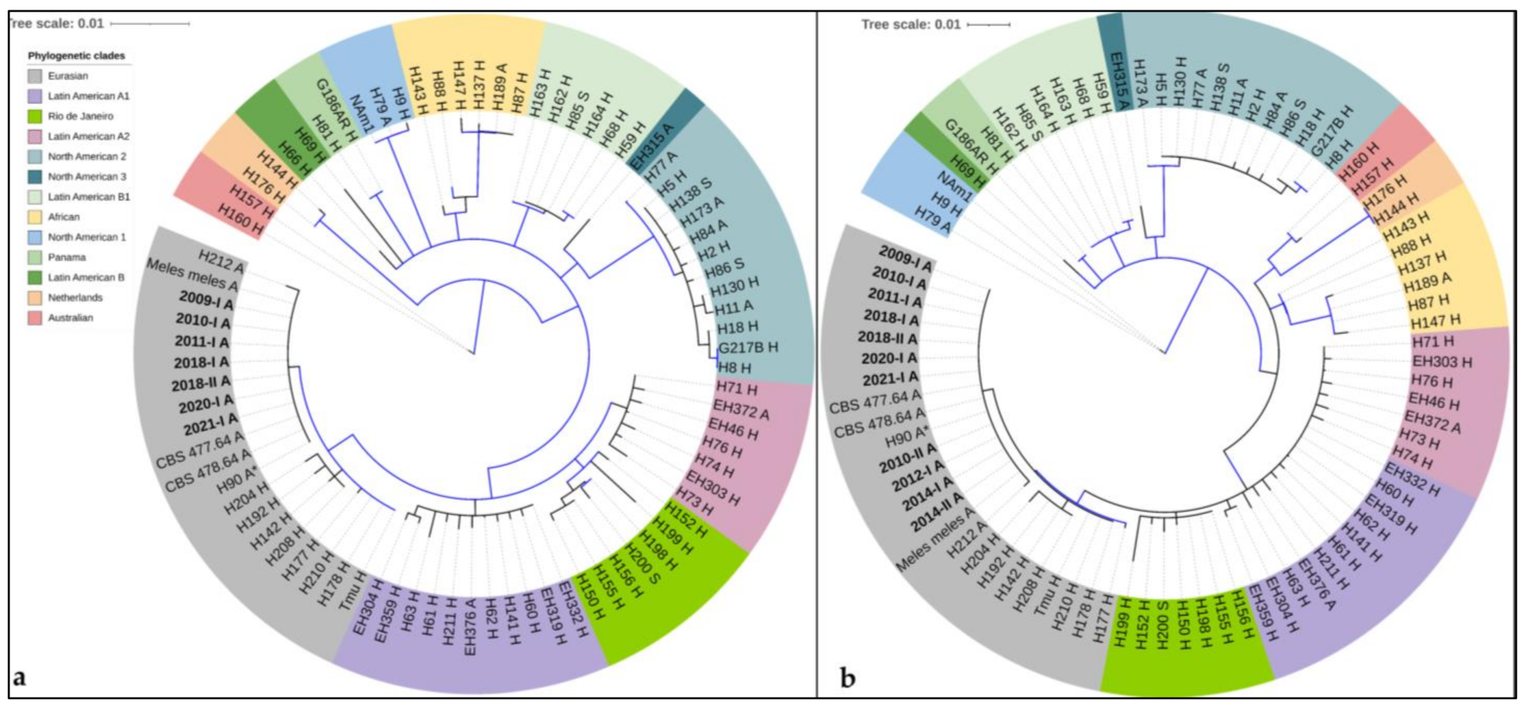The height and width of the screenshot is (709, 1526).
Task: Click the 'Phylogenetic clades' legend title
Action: click(76, 56)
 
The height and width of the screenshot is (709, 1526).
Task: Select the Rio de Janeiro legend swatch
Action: click(35, 116)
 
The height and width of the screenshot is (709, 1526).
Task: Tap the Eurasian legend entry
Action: click(68, 76)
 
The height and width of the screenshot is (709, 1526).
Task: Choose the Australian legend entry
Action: click(70, 318)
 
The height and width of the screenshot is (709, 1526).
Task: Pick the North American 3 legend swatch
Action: click(35, 177)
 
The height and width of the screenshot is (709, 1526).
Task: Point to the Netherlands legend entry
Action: click(75, 298)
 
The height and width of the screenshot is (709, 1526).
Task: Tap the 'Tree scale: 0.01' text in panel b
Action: click(911, 25)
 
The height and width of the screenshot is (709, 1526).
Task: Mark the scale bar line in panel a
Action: click(150, 24)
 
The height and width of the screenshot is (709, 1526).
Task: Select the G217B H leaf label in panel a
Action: click(748, 347)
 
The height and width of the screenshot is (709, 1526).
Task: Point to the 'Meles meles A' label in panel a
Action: click(193, 275)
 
